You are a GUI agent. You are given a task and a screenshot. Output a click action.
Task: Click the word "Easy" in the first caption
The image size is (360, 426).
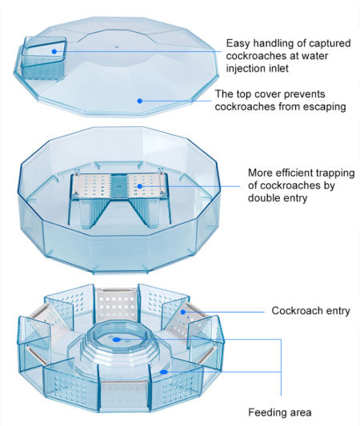point(239,43)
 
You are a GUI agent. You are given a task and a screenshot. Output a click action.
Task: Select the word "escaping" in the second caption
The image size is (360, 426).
point(322,107)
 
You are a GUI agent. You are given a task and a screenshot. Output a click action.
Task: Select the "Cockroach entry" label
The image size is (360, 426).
point(309,310)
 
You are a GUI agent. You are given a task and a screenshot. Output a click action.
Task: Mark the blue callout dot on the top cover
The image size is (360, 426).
point(140,102)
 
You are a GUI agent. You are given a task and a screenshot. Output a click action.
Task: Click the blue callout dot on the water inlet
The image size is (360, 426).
point(54,51)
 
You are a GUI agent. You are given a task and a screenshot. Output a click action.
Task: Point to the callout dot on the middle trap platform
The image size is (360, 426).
point(139,186)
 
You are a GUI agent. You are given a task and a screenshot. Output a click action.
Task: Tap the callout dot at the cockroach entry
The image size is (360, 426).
point(183,312)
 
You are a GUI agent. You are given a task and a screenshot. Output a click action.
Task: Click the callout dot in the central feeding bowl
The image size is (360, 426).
point(117,338)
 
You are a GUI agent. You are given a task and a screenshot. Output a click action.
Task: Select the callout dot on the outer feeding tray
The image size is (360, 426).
point(162,371)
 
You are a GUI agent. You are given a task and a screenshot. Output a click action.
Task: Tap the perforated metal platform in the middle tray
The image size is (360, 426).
point(120,185)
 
